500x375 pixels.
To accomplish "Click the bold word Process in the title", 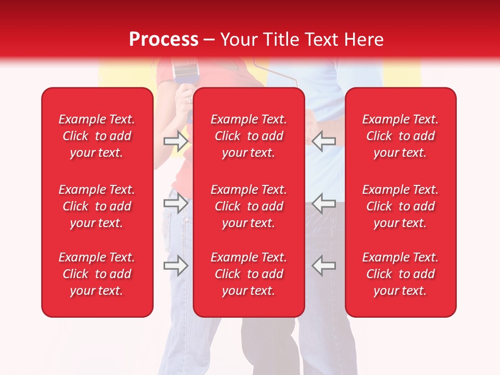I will [x=164, y=40].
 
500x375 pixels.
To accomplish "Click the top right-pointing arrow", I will [x=176, y=141].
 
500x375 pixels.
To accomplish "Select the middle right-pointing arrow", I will [x=176, y=202].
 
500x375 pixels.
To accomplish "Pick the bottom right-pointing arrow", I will [x=176, y=265].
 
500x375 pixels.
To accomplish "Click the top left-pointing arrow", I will [x=324, y=141].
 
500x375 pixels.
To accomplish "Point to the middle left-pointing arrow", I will [x=324, y=202].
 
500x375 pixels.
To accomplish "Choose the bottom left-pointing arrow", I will [x=324, y=265].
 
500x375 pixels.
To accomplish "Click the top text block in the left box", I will [x=97, y=136].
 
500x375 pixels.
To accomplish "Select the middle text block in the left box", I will [x=97, y=206].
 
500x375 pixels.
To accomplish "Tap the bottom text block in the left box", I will [x=97, y=274].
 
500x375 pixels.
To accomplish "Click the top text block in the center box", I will [x=249, y=136].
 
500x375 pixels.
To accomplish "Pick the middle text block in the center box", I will [x=249, y=206].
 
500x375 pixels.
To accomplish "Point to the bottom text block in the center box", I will [x=249, y=274].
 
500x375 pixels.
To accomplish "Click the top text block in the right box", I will [x=401, y=136].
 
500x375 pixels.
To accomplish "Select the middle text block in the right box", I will [x=401, y=206].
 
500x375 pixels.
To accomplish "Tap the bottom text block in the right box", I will [x=401, y=274].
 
